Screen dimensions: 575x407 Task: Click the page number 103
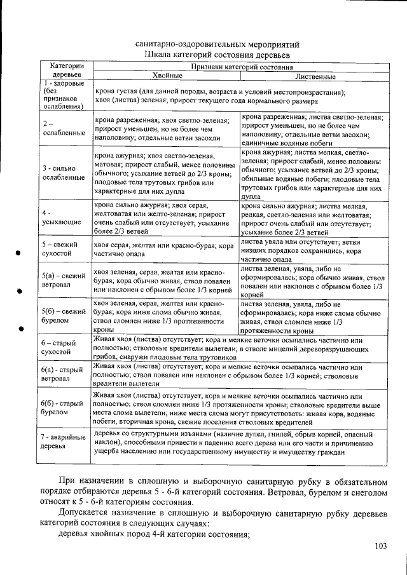point(381,546)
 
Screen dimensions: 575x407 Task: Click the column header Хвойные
point(167,76)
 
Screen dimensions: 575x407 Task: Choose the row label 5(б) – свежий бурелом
point(64,316)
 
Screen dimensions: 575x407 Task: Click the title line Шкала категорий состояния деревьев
point(217,55)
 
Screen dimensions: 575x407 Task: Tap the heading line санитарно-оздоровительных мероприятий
point(217,44)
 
